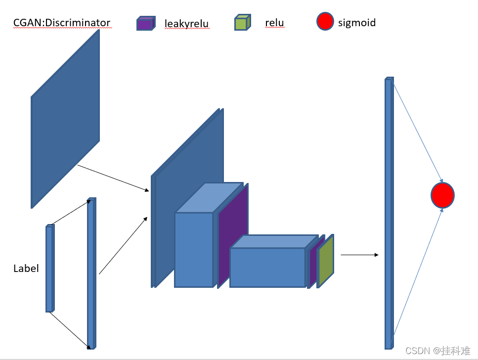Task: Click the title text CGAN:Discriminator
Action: click(62, 23)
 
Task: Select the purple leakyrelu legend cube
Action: click(144, 24)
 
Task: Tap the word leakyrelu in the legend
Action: click(186, 23)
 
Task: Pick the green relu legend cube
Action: click(241, 23)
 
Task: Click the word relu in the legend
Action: click(274, 23)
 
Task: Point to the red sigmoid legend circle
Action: click(325, 22)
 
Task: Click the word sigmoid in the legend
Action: click(357, 22)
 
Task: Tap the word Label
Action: click(26, 269)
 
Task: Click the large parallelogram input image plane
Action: click(65, 119)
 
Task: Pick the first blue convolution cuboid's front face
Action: click(194, 250)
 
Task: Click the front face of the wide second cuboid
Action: click(267, 267)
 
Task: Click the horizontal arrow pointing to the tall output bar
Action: click(359, 255)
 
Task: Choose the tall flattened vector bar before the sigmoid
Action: click(388, 213)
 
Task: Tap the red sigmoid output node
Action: click(442, 195)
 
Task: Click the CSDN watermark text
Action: click(437, 351)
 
